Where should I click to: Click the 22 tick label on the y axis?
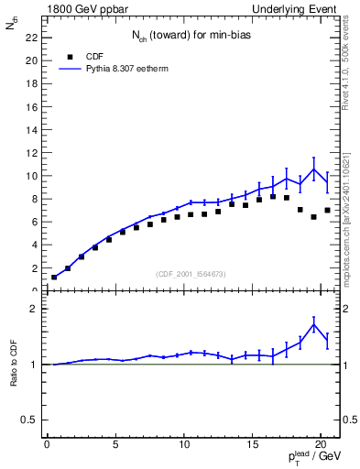pos(30,38)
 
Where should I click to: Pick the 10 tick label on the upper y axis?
pos(30,176)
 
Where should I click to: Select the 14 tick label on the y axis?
pos(30,129)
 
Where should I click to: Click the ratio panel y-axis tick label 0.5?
pos(28,420)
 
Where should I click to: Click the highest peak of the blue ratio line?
pos(314,324)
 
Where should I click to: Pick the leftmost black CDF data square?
pos(54,277)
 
